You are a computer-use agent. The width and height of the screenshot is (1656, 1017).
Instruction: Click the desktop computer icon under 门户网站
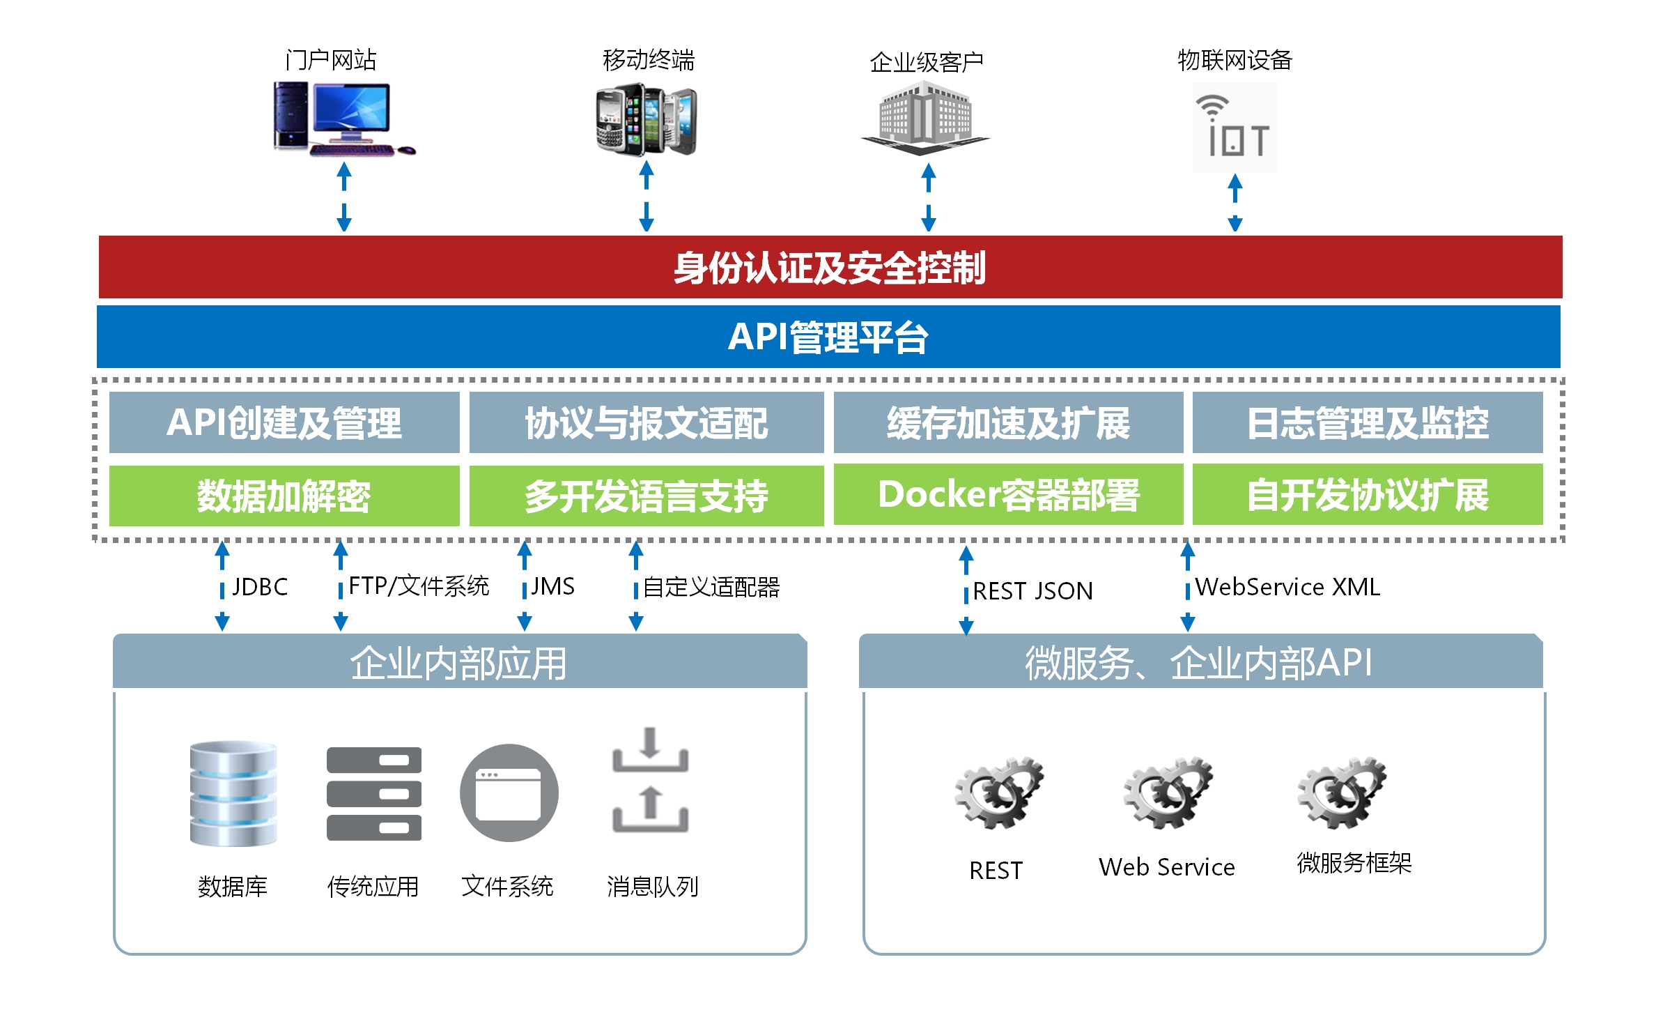coord(344,118)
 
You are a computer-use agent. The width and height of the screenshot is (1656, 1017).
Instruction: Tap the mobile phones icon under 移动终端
coord(647,120)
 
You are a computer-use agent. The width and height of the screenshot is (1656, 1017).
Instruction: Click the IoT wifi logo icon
coord(1235,128)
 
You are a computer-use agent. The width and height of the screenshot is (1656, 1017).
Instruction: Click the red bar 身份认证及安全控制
coord(830,267)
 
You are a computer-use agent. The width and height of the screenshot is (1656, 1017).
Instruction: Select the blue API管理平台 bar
coord(828,337)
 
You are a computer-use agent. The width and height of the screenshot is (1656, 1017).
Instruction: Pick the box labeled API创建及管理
coord(284,422)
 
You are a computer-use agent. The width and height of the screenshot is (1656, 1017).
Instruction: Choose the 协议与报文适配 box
coord(647,422)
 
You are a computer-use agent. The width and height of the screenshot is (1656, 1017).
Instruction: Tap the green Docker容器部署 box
coord(1008,494)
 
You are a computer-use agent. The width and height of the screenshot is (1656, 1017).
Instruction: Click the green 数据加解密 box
coord(284,496)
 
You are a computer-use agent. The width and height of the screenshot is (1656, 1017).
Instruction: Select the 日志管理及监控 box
coord(1368,422)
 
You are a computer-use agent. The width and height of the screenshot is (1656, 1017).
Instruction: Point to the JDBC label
coord(260,587)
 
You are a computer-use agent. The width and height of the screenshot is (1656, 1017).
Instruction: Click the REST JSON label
coord(1032,591)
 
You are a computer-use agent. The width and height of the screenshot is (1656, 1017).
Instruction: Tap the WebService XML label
coord(1287,587)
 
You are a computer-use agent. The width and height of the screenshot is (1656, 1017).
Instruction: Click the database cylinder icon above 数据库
coord(233,794)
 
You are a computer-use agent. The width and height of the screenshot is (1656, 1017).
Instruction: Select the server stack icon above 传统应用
coord(374,794)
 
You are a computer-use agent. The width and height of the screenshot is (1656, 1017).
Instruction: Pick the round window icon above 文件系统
coord(509,793)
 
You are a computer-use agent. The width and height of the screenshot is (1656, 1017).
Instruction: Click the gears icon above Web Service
coord(1168,793)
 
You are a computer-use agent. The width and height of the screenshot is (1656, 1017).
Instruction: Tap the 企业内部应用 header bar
coord(460,662)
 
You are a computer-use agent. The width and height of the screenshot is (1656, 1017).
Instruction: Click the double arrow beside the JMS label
coord(525,586)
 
